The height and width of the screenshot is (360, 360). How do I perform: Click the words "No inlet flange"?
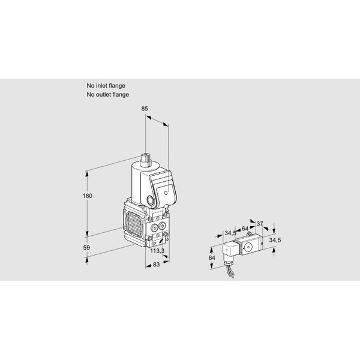click(x=106, y=86)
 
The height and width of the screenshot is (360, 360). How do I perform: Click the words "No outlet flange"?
click(x=107, y=94)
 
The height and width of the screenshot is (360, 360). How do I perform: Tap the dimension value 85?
click(x=145, y=109)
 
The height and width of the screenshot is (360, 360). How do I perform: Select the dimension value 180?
click(x=88, y=196)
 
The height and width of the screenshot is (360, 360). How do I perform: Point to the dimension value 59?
click(x=86, y=247)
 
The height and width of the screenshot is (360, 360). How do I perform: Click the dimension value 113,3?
click(x=157, y=251)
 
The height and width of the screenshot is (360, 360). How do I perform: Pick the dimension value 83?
click(x=156, y=265)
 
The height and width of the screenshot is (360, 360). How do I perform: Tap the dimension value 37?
click(x=259, y=223)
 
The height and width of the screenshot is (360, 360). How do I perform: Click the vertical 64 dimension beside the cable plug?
click(x=212, y=257)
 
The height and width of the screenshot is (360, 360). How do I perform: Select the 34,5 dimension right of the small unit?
click(x=275, y=240)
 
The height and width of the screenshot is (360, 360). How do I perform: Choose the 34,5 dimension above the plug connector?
click(x=230, y=233)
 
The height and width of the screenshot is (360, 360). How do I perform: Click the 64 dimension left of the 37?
click(x=245, y=229)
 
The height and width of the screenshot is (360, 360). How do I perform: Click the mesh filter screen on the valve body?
click(x=134, y=224)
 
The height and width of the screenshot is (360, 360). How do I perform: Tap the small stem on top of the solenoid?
click(x=145, y=159)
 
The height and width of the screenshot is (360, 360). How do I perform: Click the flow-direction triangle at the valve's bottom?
click(x=154, y=243)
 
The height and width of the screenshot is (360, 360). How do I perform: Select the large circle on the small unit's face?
click(x=248, y=247)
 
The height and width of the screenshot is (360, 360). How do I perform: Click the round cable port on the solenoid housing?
click(x=151, y=200)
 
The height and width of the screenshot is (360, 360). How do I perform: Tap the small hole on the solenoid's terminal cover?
click(x=166, y=193)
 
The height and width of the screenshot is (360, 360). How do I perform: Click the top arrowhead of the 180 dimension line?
click(x=87, y=174)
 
